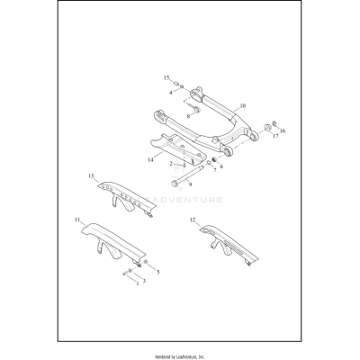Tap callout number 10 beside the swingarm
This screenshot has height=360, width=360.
pos(243,105)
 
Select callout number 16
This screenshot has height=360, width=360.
pos(283,130)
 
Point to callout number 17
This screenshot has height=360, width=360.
pos(275,136)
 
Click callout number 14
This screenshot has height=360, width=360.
pos(150,159)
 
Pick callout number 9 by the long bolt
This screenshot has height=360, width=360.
pos(190,184)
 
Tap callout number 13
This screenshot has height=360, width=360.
pos(91,175)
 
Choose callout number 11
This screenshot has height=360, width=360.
pos(77,220)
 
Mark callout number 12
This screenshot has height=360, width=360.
pos(193,220)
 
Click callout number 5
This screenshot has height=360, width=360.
pos(158,272)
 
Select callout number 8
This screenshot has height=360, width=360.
pos(188,116)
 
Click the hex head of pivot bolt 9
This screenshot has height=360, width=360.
pos(175,183)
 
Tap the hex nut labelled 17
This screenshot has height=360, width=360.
pos(266,129)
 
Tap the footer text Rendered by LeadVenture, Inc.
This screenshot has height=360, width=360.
pos(180,356)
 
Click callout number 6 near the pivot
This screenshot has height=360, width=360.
pos(221,166)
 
